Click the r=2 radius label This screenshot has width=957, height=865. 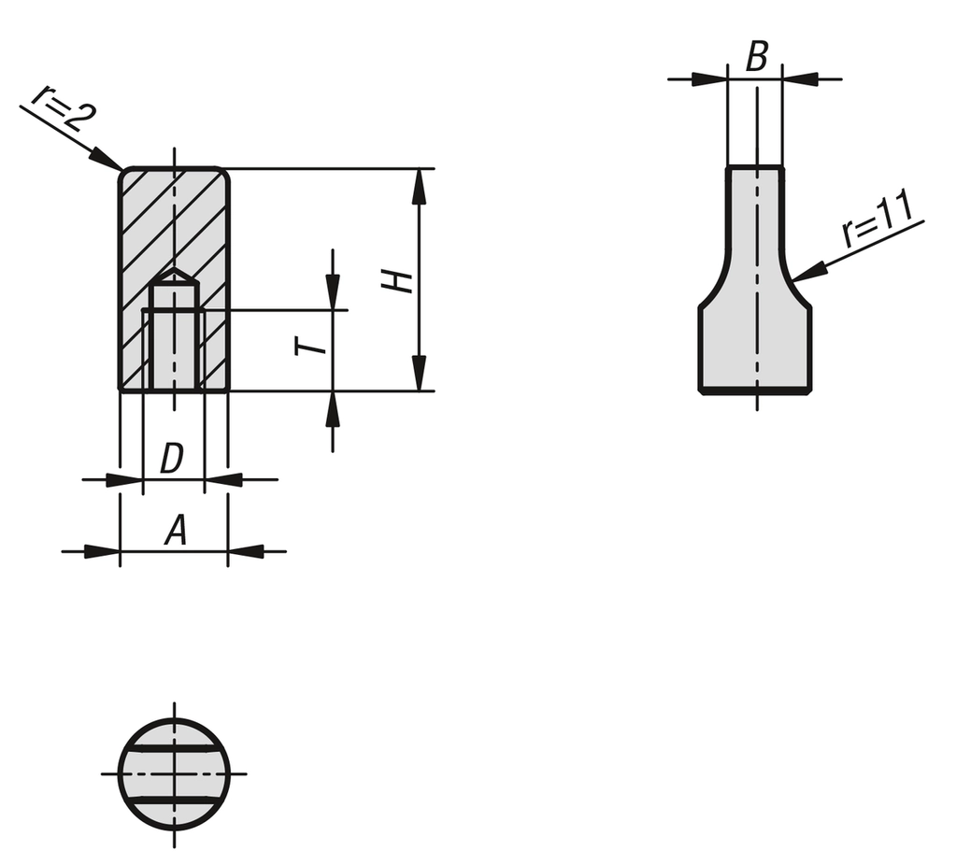63,109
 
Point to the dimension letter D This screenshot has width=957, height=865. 172,459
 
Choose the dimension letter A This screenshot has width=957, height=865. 176,530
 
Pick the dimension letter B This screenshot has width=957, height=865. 756,57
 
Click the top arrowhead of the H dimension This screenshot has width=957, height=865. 419,186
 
